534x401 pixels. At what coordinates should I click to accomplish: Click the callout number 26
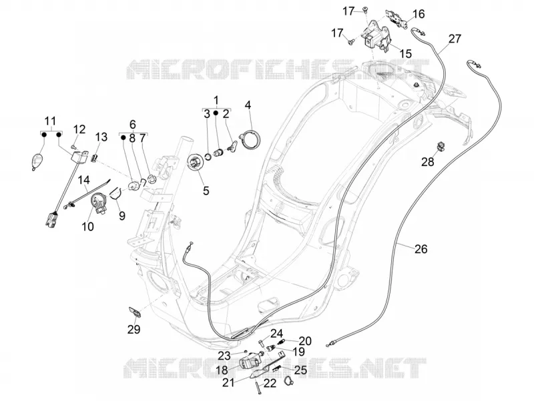pos(421,248)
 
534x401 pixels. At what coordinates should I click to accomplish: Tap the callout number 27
pos(455,39)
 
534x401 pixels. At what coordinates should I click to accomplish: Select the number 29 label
pos(134,329)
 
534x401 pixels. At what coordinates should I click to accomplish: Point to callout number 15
pos(406,53)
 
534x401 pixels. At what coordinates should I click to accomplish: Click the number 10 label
pos(87,226)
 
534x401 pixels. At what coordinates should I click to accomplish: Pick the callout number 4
pos(248,105)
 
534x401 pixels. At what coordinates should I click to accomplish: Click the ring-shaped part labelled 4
pos(252,140)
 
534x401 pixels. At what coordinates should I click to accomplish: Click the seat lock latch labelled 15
pos(375,37)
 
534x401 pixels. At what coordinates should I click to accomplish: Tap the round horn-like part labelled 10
pos(98,202)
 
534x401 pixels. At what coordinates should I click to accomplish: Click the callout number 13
pos(101,137)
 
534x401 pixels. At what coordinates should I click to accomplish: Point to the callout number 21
pos(228,382)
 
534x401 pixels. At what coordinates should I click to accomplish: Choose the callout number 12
pos(79,129)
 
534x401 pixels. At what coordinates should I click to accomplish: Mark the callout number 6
pos(133,124)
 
